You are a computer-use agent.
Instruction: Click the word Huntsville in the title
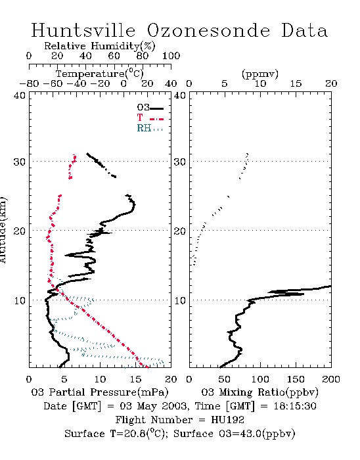(83, 30)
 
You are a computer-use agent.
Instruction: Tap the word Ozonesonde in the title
(208, 30)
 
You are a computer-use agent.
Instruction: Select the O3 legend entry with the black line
(150, 108)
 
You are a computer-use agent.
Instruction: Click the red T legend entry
(150, 118)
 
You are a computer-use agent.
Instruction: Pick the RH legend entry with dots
(150, 128)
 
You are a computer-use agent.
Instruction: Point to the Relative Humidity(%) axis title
(100, 46)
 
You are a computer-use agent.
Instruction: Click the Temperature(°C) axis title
(100, 74)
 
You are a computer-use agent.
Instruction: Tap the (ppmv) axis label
(260, 74)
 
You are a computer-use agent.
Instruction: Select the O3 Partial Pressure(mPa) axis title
(100, 392)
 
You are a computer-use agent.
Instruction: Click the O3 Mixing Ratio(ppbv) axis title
(259, 392)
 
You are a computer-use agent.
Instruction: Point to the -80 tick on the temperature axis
(29, 83)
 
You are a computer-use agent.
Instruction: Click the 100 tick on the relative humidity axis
(171, 56)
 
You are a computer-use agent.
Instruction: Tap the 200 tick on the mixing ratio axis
(331, 379)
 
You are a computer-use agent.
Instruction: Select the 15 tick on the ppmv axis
(296, 83)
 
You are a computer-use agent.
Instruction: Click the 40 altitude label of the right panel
(180, 95)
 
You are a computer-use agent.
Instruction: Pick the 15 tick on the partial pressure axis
(135, 379)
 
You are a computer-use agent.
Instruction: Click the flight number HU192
(227, 420)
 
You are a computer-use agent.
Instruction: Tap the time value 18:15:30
(295, 406)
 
